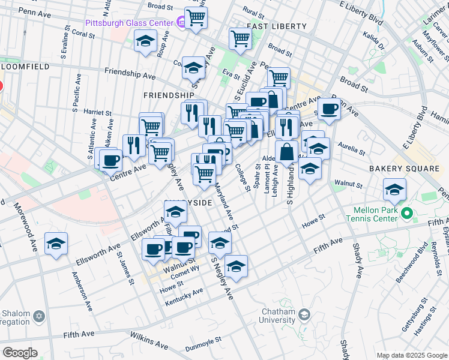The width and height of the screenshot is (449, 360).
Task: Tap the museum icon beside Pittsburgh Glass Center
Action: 181,22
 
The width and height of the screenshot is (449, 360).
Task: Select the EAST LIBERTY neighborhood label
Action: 277,26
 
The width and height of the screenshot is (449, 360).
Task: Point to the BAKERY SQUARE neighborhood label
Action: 404,169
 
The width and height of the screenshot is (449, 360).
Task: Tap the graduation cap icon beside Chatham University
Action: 304,314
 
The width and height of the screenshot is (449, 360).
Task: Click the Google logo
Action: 19,353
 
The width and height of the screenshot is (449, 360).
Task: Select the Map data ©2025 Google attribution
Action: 412,355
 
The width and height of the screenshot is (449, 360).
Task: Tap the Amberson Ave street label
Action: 83,292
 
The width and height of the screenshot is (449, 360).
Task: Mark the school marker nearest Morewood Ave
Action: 56,244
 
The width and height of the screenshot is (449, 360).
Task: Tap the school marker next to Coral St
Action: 145,41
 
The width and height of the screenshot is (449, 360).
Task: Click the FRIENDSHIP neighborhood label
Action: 169,95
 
